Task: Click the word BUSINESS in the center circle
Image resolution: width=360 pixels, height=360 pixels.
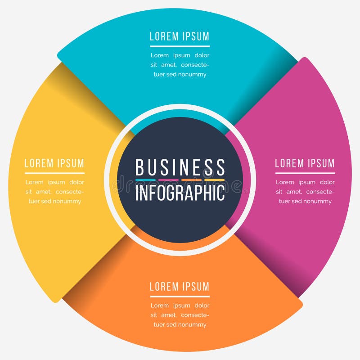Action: [x=180, y=167]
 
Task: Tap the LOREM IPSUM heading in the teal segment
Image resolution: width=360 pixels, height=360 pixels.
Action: [x=180, y=36]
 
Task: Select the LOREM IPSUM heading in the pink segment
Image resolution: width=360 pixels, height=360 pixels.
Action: [x=305, y=163]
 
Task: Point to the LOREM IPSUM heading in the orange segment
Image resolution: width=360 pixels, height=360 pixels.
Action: [x=180, y=287]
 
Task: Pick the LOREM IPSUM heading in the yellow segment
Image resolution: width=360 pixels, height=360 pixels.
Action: [x=54, y=163]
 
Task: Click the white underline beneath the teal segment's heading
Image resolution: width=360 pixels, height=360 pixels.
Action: [x=180, y=46]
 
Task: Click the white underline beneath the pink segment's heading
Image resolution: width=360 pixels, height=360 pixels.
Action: [x=305, y=173]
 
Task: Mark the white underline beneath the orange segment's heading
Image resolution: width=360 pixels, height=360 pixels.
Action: [x=180, y=296]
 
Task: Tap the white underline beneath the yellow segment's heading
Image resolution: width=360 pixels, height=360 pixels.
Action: [x=54, y=173]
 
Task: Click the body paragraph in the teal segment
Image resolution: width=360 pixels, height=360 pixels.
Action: [x=180, y=65]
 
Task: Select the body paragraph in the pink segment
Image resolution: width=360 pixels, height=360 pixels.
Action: [x=305, y=192]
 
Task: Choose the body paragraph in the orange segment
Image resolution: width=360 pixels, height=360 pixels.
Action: [x=180, y=315]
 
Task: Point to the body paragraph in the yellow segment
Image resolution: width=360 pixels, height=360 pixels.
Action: [x=54, y=192]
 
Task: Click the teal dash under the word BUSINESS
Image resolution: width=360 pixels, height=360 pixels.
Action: [x=145, y=180]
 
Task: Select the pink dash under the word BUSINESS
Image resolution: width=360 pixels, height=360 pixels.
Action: [x=168, y=180]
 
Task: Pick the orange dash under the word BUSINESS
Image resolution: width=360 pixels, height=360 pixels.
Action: [x=191, y=180]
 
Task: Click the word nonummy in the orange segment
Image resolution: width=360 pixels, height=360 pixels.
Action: [x=192, y=324]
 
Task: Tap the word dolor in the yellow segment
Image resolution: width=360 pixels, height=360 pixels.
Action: [x=76, y=182]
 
